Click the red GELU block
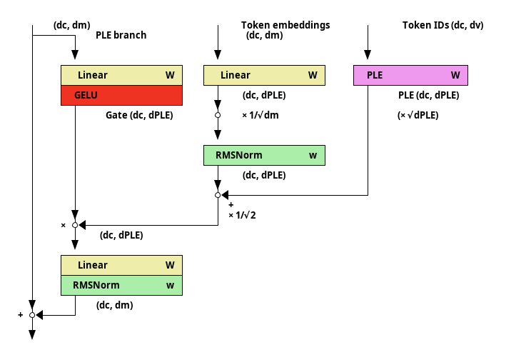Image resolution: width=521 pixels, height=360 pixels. coord(121,96)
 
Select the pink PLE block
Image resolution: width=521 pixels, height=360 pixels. coord(410,76)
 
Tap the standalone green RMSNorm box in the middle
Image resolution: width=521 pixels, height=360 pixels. coord(265,155)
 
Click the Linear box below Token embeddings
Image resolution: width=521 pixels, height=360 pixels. coord(265,76)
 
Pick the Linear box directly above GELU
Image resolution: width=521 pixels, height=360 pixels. coord(121,76)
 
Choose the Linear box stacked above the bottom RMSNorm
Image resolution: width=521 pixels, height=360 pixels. coord(121,265)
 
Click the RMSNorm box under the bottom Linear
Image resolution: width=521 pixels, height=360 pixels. coord(121,285)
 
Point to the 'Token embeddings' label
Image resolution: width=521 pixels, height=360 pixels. coord(285,25)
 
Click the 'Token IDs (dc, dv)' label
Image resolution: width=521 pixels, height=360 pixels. coord(443,25)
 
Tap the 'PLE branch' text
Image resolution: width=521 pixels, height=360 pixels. coord(121,35)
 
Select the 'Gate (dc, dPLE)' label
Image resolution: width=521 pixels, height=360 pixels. coord(139,115)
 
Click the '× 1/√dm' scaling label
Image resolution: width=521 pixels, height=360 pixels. coord(260,115)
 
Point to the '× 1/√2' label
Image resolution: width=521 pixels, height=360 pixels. coord(242,216)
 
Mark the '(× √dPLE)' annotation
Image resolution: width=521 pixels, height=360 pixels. coord(418,115)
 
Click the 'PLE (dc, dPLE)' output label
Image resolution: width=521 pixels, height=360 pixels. coord(429,96)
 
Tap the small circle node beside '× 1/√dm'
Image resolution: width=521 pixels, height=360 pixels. coord(218,115)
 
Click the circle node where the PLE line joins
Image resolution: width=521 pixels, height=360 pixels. coord(218,195)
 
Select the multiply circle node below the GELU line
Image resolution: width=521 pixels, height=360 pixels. coord(75,226)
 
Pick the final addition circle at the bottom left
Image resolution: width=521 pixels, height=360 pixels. coord(32,315)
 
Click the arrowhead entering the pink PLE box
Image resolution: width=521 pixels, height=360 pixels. coord(368,54)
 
